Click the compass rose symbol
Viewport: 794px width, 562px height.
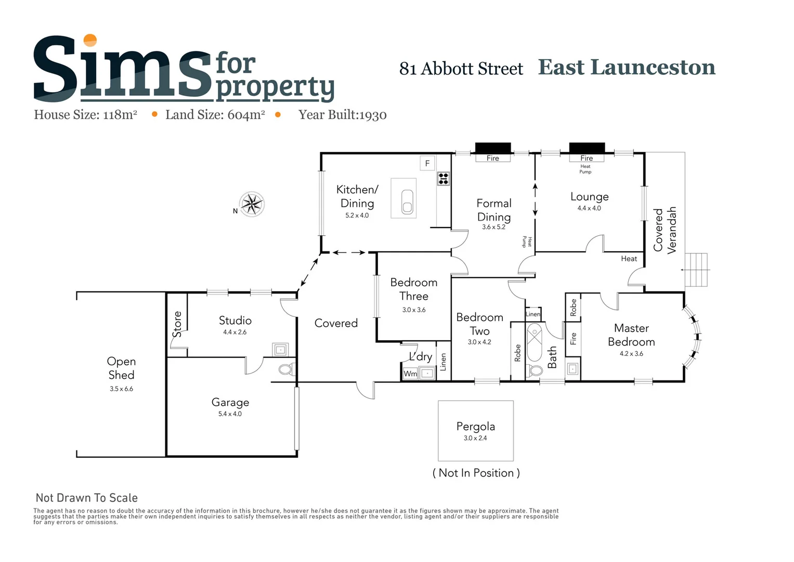(x=252, y=204)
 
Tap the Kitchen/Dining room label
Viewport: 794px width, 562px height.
(x=357, y=196)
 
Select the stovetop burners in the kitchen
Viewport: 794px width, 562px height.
(x=444, y=179)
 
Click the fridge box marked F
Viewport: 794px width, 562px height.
(x=427, y=163)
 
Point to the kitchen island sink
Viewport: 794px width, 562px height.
(x=407, y=201)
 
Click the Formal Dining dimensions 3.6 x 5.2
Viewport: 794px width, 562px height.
(x=493, y=227)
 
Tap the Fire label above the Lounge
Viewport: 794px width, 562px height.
(x=587, y=158)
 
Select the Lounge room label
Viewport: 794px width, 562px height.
(x=589, y=197)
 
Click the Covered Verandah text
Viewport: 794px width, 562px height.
(x=665, y=230)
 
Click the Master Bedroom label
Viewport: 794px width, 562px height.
(x=631, y=335)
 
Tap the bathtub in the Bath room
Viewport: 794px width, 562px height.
(x=535, y=342)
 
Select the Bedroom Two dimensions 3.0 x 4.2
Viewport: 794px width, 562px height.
(x=479, y=342)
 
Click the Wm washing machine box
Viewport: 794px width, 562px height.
(x=410, y=374)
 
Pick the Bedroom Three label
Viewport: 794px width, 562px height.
(x=414, y=289)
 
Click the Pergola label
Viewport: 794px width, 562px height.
(x=475, y=426)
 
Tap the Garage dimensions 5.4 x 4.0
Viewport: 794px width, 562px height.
(x=230, y=414)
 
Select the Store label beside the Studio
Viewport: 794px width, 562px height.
(x=177, y=324)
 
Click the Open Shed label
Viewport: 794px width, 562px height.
(x=121, y=368)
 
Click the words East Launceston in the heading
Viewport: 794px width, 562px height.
(x=627, y=68)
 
